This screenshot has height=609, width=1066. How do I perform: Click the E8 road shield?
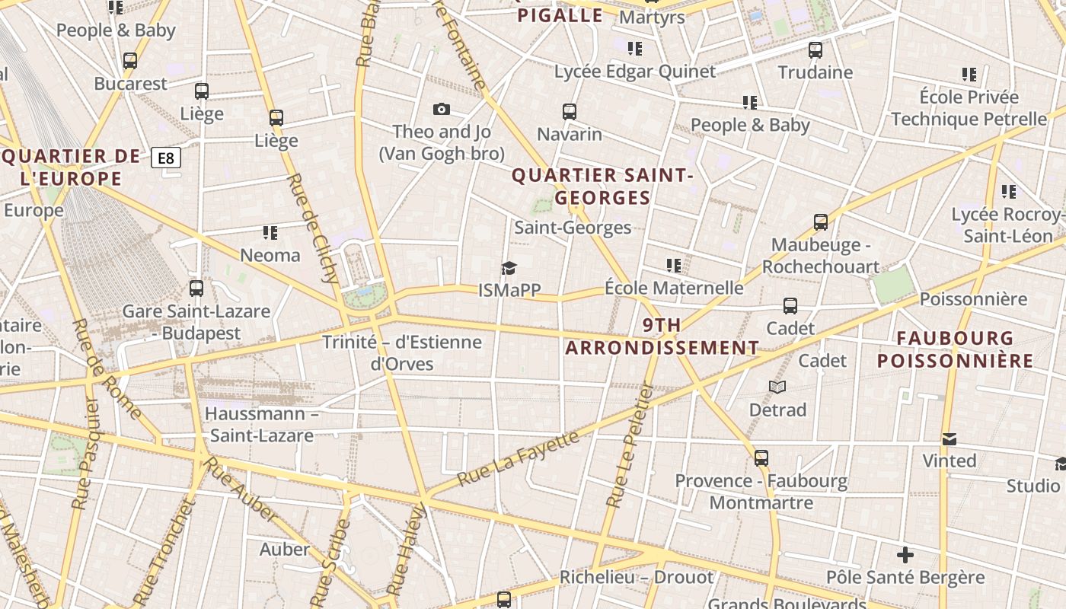click(x=166, y=158)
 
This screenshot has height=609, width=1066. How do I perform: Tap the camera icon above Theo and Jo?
click(x=441, y=110)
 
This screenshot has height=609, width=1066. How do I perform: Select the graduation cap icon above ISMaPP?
click(x=509, y=268)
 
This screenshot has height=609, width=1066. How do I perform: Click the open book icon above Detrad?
click(x=777, y=387)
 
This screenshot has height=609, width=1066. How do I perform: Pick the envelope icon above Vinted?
click(x=949, y=439)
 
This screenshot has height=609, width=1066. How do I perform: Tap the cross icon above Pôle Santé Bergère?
click(x=905, y=555)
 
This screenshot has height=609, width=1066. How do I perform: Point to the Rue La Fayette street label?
click(x=518, y=459)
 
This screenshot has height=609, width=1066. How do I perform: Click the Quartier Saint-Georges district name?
click(x=602, y=187)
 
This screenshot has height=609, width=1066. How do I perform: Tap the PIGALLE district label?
click(x=560, y=15)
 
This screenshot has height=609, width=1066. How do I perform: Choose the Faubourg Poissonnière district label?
click(x=955, y=349)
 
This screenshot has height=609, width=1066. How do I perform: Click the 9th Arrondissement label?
click(x=662, y=336)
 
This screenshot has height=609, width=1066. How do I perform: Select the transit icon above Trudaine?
click(x=815, y=50)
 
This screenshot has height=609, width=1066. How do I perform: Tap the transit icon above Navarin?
click(x=569, y=112)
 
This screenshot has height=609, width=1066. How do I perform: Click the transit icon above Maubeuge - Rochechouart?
click(x=820, y=222)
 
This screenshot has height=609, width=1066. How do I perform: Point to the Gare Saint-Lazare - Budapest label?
click(x=196, y=322)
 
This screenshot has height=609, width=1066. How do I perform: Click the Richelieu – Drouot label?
click(x=637, y=577)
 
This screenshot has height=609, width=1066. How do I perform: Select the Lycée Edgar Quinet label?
click(x=635, y=72)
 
